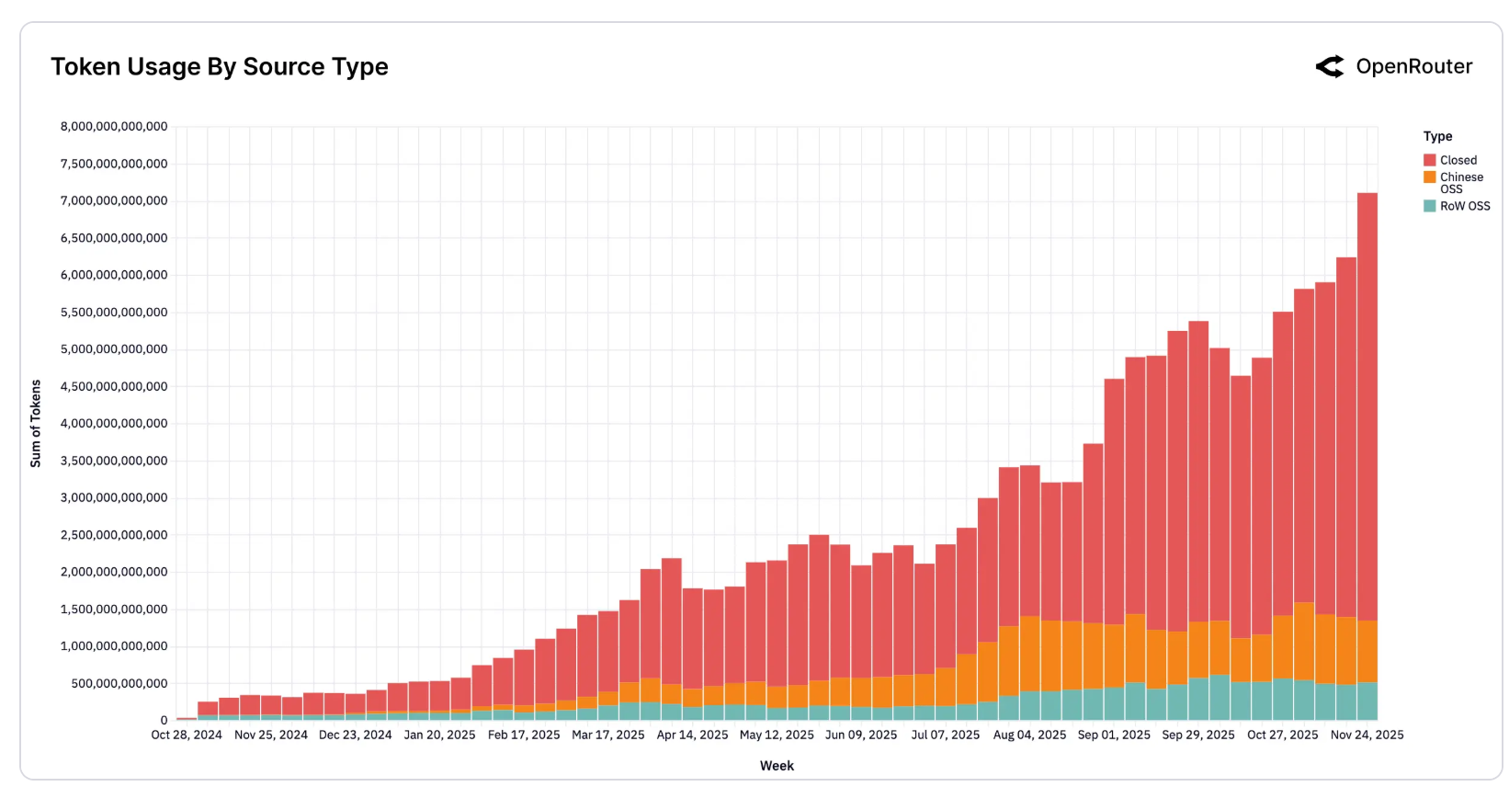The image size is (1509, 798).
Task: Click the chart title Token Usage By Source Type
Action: point(220,67)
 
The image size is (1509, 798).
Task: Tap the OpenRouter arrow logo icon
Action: point(1330,67)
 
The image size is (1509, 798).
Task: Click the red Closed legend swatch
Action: point(1430,160)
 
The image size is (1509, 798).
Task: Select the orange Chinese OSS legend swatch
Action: point(1430,177)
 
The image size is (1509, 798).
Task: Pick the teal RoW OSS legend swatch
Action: point(1430,206)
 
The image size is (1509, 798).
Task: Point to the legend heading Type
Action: point(1437,137)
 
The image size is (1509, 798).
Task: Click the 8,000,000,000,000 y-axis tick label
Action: point(114,127)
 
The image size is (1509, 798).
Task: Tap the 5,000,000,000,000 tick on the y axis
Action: point(114,349)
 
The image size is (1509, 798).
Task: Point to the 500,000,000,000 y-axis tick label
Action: point(119,683)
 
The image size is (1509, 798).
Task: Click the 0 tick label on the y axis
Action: point(164,721)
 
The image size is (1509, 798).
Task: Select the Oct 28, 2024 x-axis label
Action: point(187,735)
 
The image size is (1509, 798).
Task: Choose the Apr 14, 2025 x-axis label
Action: point(693,735)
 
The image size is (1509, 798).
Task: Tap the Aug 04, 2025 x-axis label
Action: point(1029,735)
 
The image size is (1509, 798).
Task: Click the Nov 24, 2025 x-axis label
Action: point(1367,735)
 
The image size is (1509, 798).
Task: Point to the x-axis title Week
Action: point(777,767)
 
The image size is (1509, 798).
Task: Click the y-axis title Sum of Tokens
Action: point(36,424)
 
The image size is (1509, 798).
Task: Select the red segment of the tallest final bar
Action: point(1367,407)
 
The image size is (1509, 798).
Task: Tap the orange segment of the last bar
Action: point(1367,652)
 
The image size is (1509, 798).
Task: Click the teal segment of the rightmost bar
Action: point(1367,701)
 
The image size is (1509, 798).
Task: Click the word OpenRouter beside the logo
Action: point(1414,67)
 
